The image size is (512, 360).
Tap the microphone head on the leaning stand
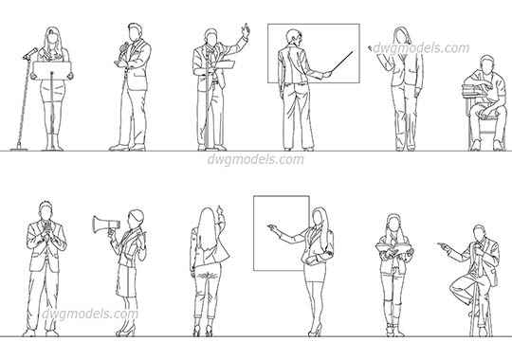pyautogui.click(x=31, y=53)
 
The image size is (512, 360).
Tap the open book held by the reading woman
pyautogui.click(x=393, y=250)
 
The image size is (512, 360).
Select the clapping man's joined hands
pyautogui.click(x=46, y=229)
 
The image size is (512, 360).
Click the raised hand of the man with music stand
pyautogui.click(x=246, y=30)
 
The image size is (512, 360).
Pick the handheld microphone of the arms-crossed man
pyautogui.click(x=127, y=46)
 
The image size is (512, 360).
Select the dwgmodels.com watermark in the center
pyautogui.click(x=255, y=159)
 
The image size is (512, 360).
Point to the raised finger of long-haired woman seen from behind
pyautogui.click(x=220, y=207)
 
